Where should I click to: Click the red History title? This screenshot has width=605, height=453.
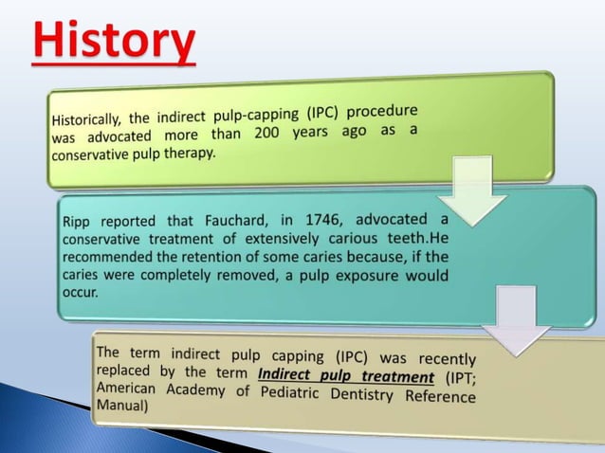pos(115,43)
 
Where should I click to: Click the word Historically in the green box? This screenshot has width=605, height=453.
pos(86,119)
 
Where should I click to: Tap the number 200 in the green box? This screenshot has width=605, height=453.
pos(266,133)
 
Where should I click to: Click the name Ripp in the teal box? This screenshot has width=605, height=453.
pos(78,222)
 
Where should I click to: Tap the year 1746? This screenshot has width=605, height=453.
pos(323,220)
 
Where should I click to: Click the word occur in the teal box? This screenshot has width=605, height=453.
pos(80,293)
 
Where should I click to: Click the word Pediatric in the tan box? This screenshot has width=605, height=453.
pos(269,392)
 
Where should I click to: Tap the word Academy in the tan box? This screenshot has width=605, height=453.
pos(192,390)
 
